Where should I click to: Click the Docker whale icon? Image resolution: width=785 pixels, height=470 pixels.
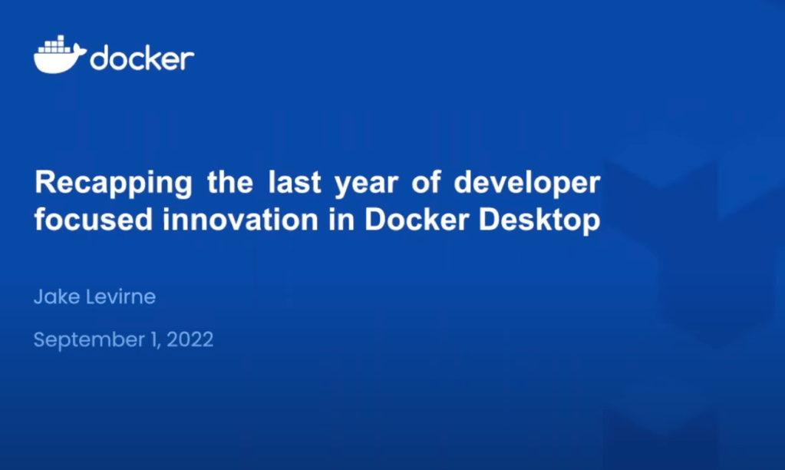point(60,55)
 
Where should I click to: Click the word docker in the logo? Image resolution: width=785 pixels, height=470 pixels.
point(142,58)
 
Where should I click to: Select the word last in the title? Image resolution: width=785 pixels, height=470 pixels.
point(295,182)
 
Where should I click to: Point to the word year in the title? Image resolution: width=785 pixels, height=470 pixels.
point(366,184)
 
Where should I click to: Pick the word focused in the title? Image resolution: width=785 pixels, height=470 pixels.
point(93,220)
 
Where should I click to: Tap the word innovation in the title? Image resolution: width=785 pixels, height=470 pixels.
point(240,220)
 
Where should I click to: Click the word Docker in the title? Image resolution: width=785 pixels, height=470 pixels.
point(417,220)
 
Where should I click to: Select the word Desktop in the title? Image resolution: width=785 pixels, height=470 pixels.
point(539,221)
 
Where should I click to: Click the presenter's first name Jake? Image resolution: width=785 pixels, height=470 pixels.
point(57,296)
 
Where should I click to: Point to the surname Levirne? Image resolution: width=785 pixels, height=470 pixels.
point(120,296)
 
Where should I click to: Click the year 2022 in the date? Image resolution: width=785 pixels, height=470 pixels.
point(190,339)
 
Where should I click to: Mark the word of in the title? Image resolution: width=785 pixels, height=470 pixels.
point(426,182)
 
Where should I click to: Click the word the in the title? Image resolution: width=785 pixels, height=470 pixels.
point(229,182)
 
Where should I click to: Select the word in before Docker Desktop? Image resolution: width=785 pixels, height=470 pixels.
point(341,220)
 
